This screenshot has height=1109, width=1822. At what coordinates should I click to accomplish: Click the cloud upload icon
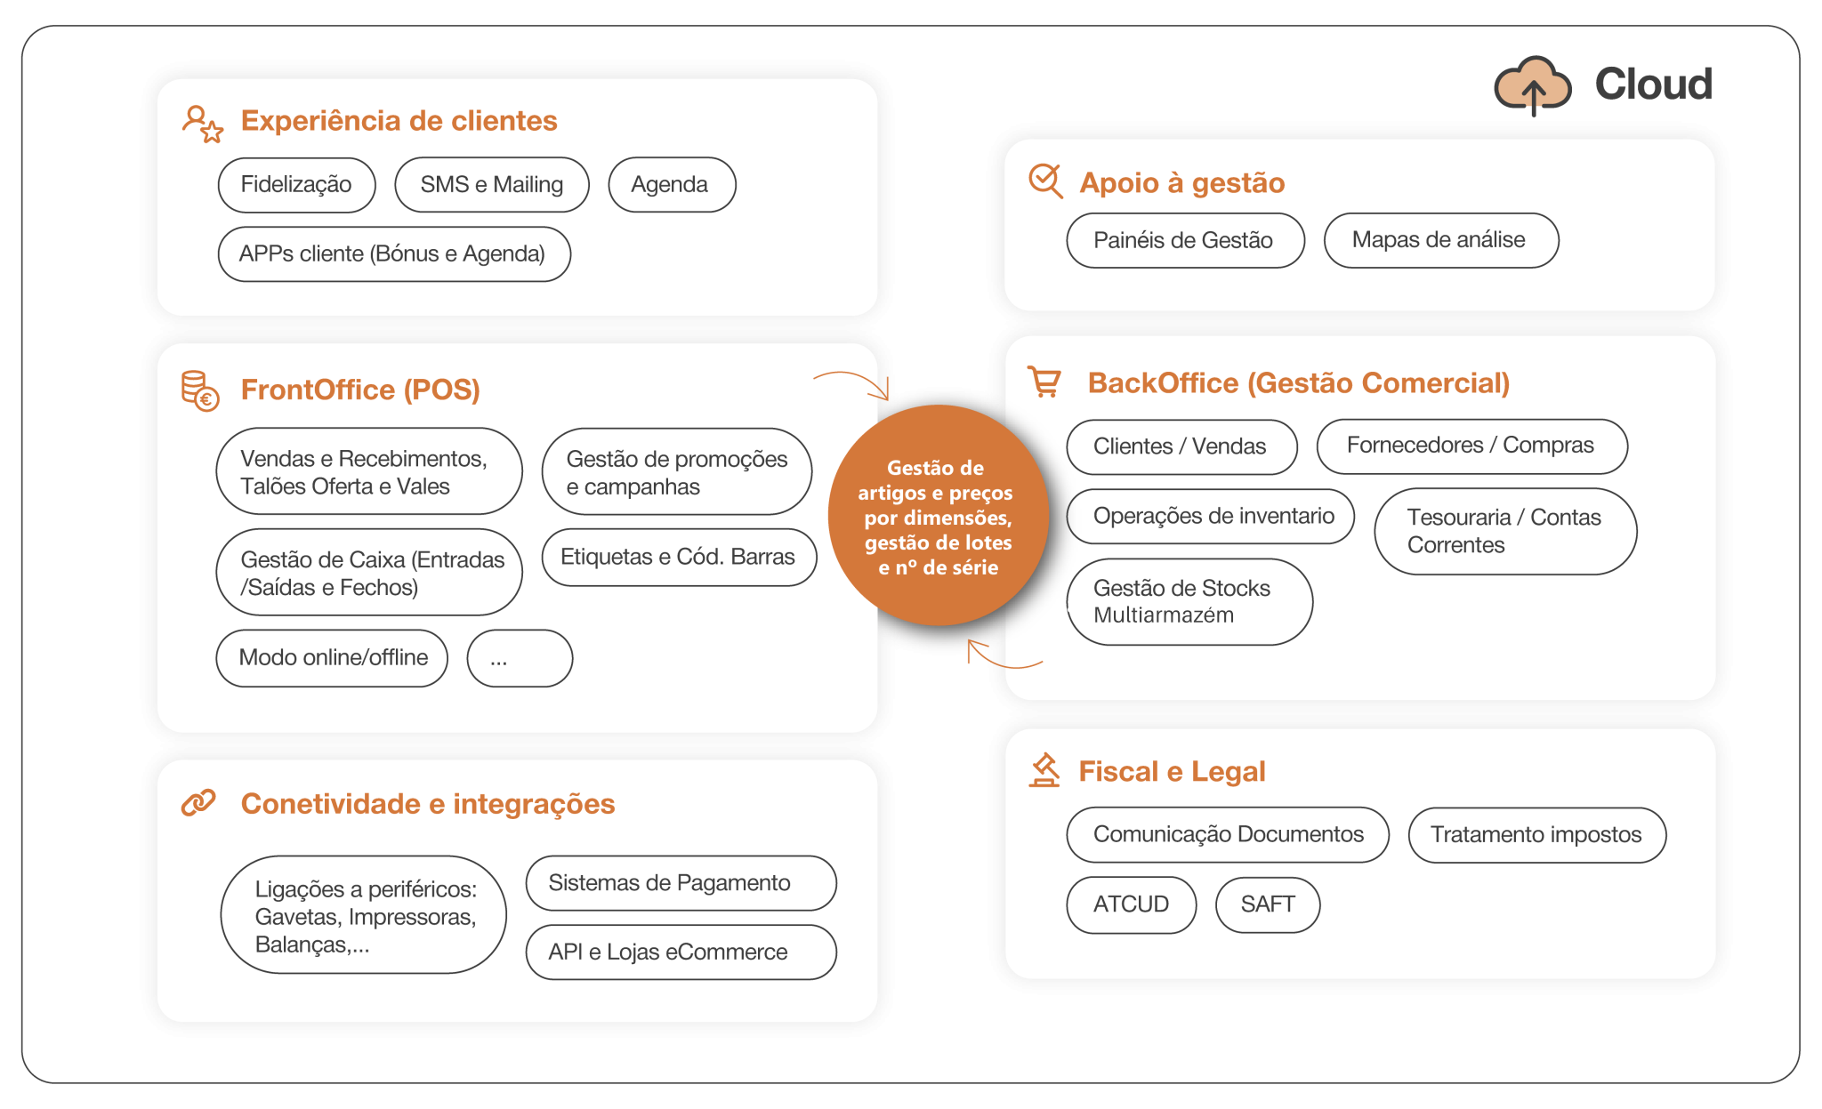tap(1532, 86)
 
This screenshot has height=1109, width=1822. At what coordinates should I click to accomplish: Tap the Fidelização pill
tap(296, 185)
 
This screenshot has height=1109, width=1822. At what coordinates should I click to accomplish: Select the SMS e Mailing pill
tap(491, 185)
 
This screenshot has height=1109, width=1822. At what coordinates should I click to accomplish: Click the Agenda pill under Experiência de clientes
tap(671, 185)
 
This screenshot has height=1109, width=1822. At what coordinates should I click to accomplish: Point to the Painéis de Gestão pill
tap(1184, 240)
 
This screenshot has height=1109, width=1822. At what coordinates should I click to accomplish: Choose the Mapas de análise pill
tap(1440, 240)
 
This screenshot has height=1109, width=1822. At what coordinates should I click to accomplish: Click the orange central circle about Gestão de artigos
tap(938, 517)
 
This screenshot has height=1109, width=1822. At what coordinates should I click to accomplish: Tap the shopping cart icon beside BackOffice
tap(1044, 382)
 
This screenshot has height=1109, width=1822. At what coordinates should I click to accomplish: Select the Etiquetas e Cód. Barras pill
tap(678, 558)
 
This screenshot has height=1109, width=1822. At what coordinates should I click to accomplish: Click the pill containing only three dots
tap(520, 658)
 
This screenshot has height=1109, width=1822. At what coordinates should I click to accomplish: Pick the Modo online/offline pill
tap(332, 658)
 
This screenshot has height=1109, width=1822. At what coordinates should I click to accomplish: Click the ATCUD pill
tap(1131, 904)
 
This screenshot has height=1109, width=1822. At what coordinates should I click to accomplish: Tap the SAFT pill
tap(1267, 904)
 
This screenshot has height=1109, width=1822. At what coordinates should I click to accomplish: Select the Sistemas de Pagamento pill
tap(680, 883)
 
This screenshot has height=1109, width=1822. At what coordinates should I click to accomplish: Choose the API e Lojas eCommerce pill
tap(680, 952)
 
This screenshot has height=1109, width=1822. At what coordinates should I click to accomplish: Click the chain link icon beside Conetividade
tap(198, 802)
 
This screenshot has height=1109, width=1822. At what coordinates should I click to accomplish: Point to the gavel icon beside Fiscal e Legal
tap(1044, 770)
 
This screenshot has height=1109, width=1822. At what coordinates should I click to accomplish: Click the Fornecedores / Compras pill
tap(1471, 446)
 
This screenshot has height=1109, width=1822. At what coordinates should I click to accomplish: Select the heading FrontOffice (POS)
tap(360, 390)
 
